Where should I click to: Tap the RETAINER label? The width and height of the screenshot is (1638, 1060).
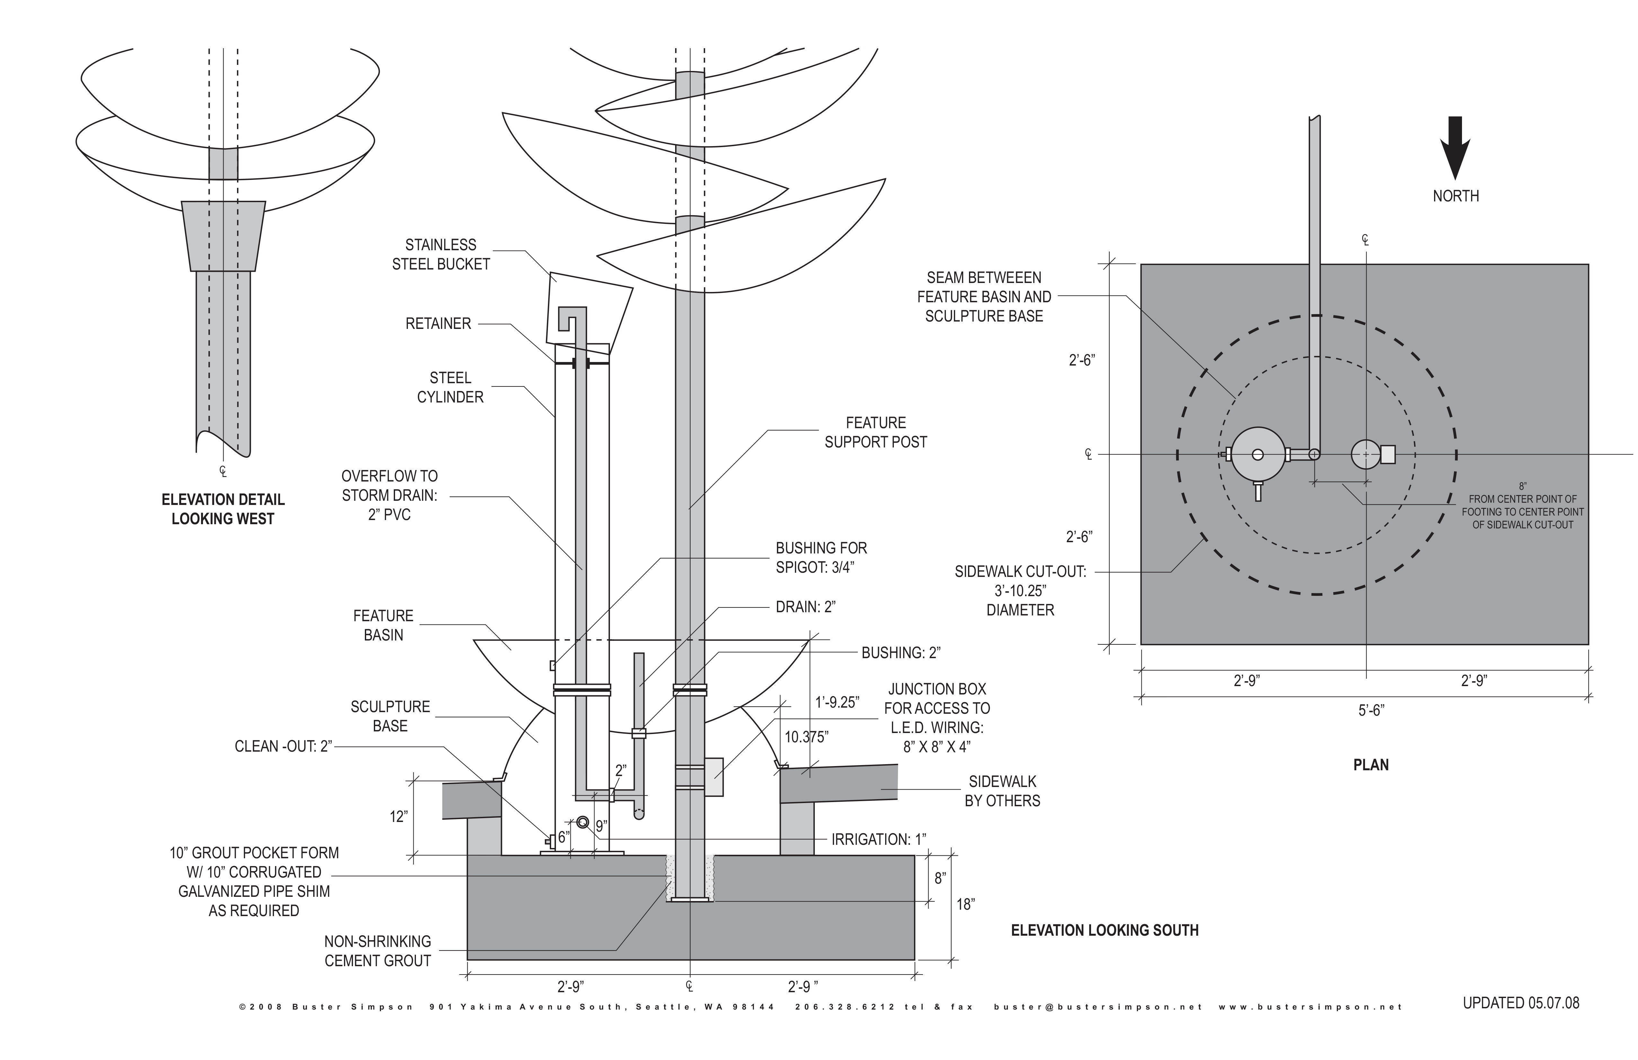438,323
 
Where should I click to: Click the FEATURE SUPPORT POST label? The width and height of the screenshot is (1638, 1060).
876,432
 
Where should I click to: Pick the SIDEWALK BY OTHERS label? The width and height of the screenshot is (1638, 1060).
1002,791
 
